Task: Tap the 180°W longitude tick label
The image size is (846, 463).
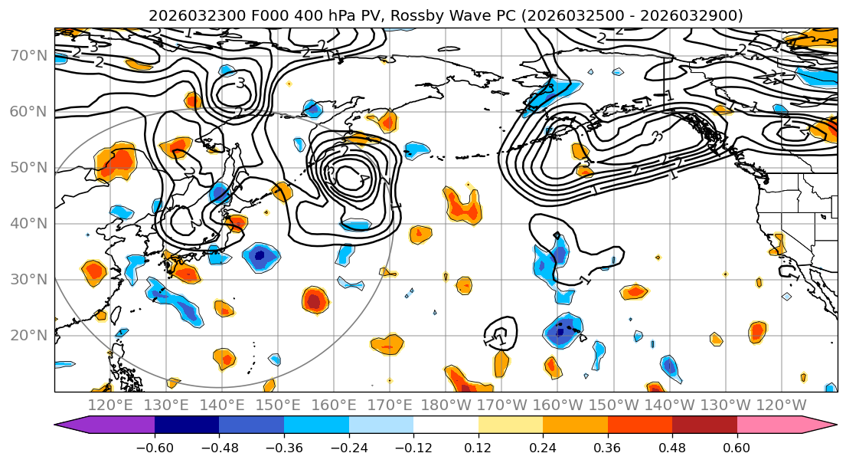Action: coord(446,406)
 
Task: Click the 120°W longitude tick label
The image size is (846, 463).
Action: coord(781,406)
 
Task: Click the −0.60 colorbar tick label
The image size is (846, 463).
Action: coord(155,448)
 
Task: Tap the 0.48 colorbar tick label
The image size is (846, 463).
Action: coord(672,448)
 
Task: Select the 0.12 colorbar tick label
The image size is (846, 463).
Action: coord(479,448)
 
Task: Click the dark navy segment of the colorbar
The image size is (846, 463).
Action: coord(187,426)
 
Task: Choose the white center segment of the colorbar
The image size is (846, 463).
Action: coord(446,426)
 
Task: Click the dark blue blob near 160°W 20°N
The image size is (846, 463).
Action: coord(561,331)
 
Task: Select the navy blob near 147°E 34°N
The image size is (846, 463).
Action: coord(260,255)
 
